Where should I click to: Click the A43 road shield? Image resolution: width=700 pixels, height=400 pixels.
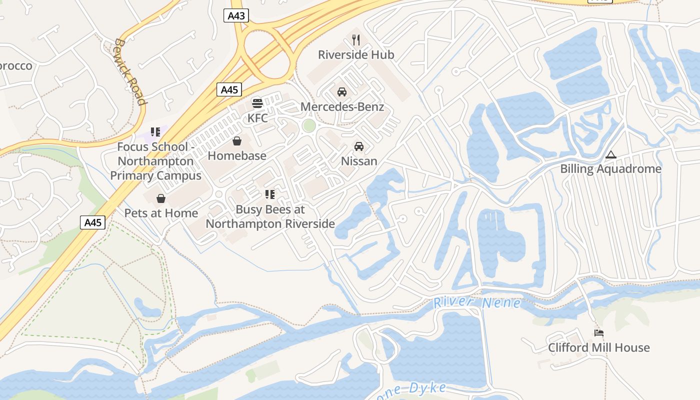click(236, 15)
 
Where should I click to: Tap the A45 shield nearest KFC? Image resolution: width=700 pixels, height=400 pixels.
click(229, 89)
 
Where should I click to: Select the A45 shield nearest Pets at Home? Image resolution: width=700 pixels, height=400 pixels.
click(93, 222)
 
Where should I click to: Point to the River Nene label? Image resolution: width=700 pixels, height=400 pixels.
click(477, 302)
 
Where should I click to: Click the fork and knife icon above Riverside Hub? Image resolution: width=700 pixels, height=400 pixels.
click(356, 39)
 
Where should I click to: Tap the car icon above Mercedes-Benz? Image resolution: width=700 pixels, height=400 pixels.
click(342, 92)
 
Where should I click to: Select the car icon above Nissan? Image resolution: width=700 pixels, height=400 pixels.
click(358, 146)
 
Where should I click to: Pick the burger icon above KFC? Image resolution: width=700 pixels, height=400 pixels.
click(257, 103)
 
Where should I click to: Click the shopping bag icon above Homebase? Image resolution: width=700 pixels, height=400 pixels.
click(237, 141)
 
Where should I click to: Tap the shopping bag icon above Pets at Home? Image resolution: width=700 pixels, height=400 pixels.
click(161, 199)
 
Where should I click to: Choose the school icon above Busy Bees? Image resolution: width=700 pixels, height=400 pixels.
click(270, 194)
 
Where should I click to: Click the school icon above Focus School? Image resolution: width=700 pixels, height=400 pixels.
click(155, 132)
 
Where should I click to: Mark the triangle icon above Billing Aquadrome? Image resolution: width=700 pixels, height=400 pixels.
click(610, 155)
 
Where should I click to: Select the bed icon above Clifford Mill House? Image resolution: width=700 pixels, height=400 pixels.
click(598, 333)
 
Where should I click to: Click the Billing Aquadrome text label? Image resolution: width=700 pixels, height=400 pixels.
click(610, 169)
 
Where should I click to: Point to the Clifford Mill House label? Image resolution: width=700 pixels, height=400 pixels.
click(598, 347)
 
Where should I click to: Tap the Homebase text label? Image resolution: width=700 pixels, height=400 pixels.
click(237, 156)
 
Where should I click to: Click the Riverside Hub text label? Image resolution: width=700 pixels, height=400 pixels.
click(356, 54)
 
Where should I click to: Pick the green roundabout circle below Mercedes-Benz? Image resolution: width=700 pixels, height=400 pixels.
click(309, 125)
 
